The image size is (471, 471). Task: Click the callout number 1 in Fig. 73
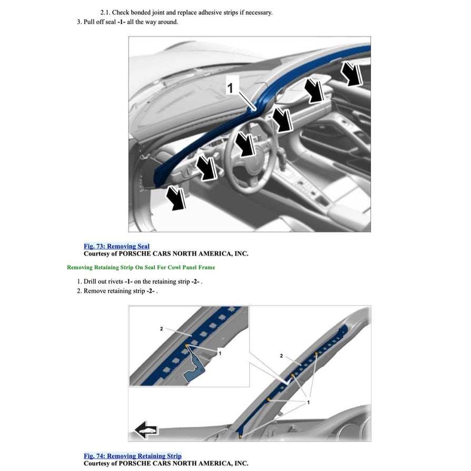[x=229, y=88]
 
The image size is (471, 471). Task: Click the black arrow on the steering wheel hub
[x=246, y=144]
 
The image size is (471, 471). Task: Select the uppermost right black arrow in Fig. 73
[x=351, y=72]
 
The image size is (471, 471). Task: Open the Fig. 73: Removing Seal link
[x=116, y=246]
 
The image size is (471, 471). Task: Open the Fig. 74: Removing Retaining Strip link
[x=132, y=456]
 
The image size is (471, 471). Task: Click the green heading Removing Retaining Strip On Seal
[x=141, y=268]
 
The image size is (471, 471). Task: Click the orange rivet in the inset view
[x=187, y=346]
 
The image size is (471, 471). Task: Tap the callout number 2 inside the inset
[x=161, y=329]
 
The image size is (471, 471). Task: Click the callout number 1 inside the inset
[x=220, y=354]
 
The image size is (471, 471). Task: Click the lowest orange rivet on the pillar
[x=240, y=436]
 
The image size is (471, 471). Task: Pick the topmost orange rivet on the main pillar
[x=316, y=354]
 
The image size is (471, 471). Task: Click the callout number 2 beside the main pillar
[x=281, y=356]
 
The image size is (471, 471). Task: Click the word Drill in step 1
[x=91, y=281]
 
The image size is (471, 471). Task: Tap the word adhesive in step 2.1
[x=210, y=13]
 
